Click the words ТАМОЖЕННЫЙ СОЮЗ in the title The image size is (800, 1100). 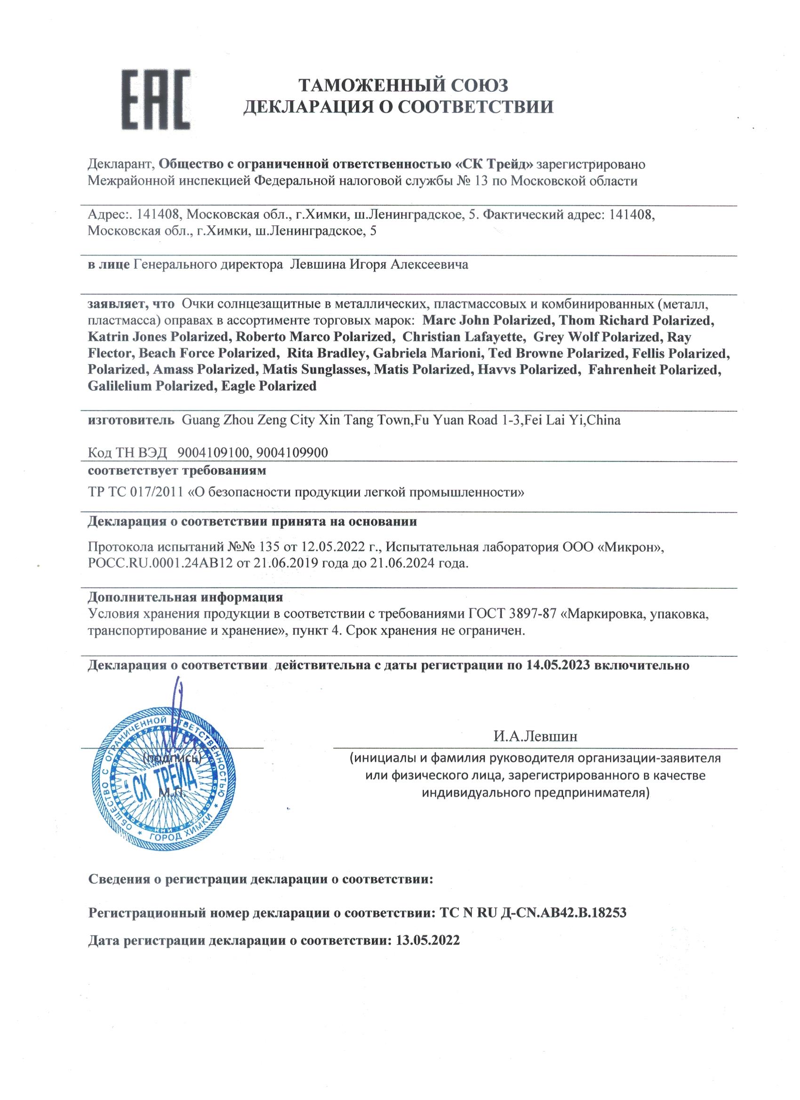(403, 86)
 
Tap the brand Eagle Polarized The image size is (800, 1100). (268, 386)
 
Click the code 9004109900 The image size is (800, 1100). (292, 453)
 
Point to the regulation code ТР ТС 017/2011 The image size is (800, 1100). (136, 493)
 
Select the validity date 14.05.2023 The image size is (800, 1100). (558, 665)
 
